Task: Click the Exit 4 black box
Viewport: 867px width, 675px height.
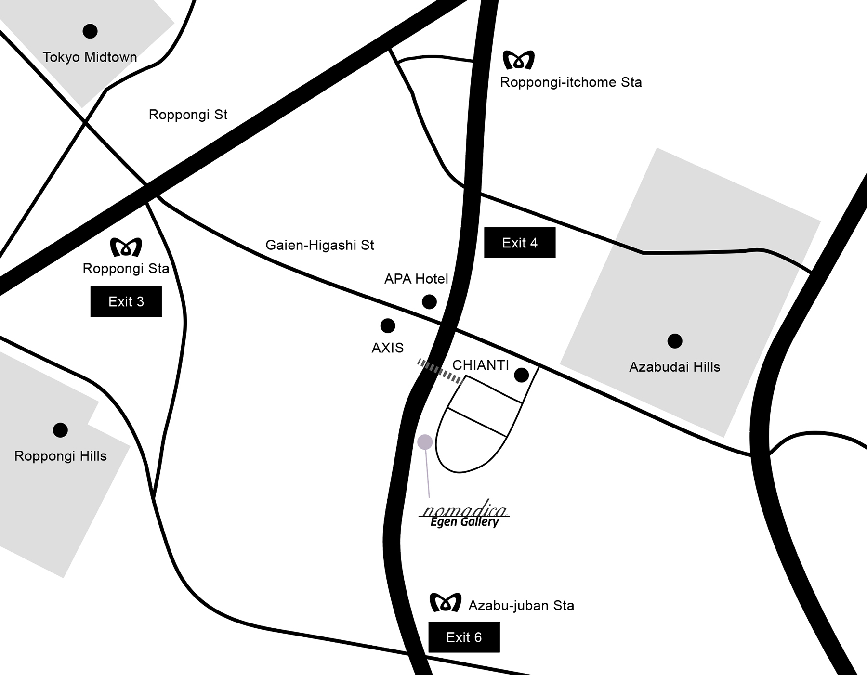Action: pos(519,243)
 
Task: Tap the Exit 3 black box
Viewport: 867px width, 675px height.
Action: pos(126,301)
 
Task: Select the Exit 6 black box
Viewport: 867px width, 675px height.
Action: pos(464,637)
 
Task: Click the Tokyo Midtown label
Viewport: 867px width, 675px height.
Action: pos(90,57)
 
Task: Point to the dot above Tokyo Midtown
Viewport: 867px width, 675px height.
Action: pos(90,31)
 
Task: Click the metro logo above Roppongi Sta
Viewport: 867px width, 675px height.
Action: pos(126,247)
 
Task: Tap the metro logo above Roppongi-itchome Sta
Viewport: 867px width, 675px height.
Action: pos(519,60)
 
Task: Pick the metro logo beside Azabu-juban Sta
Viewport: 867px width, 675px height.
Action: pos(446,602)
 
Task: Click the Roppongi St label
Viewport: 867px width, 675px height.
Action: pos(188,115)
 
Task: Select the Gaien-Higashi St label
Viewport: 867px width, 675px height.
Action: pos(319,245)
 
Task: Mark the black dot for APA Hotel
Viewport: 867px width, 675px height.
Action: pos(429,302)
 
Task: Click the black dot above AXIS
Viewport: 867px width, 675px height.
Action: pos(388,326)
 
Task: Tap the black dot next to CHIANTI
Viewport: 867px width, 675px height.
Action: pos(522,375)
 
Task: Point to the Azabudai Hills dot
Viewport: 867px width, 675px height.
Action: pos(675,341)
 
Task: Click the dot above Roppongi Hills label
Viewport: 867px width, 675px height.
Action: pos(60,430)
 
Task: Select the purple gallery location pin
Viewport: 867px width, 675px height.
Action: pos(425,442)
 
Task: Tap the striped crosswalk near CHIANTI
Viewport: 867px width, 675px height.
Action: pos(440,371)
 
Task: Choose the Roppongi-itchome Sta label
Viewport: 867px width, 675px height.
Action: pos(571,82)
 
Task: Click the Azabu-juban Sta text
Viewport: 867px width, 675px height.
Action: pos(521,605)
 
